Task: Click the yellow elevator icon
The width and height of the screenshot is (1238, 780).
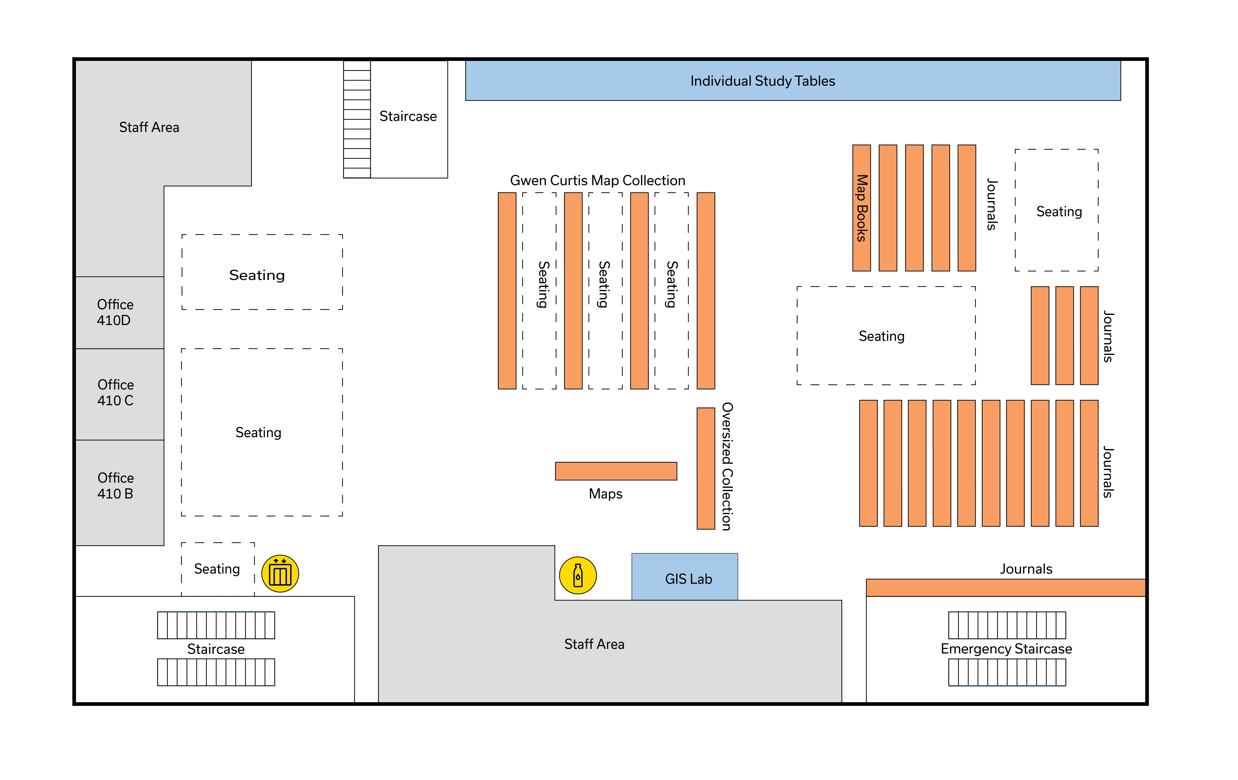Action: [x=280, y=573]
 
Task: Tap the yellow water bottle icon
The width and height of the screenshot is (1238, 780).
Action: [x=578, y=576]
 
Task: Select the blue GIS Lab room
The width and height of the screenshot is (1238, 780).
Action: [x=684, y=577]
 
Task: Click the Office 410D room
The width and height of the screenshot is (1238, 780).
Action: [x=119, y=312]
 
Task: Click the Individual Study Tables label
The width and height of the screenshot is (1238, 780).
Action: [x=762, y=81]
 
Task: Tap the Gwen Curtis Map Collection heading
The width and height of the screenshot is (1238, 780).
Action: [x=597, y=180]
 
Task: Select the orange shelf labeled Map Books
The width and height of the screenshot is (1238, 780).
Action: [x=862, y=208]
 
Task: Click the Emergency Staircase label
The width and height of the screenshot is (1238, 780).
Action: [x=1006, y=649]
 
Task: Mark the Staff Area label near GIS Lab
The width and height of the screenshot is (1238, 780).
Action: [x=594, y=644]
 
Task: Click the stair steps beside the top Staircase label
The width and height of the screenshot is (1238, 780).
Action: [x=357, y=119]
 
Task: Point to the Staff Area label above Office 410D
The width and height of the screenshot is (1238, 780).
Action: [x=149, y=127]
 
